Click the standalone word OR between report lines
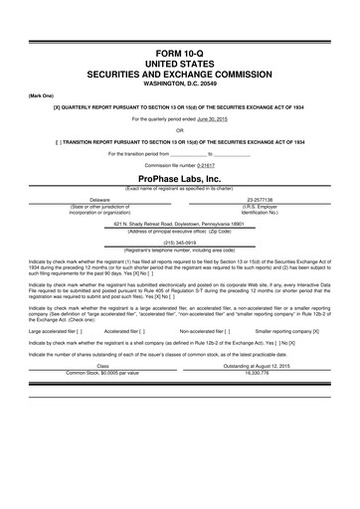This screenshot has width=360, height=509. point(180,129)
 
